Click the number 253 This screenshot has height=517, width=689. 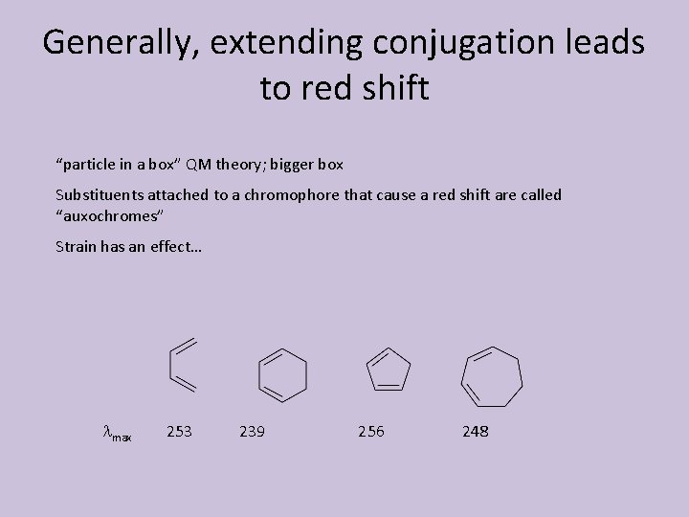coord(179,432)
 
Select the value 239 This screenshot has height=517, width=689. coord(252,432)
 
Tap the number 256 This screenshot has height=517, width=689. coord(370,432)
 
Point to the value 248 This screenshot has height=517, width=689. coord(475,432)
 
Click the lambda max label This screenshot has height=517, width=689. coord(117,434)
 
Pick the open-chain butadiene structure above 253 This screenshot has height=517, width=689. coord(183,365)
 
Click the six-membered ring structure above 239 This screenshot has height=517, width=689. coord(282,374)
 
